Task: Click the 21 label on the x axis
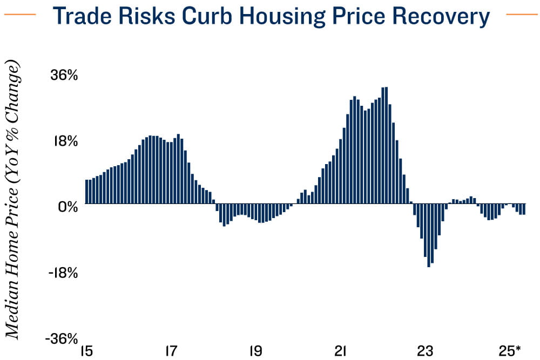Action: click(340, 351)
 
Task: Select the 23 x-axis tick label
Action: click(425, 351)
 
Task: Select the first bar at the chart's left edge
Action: click(87, 192)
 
